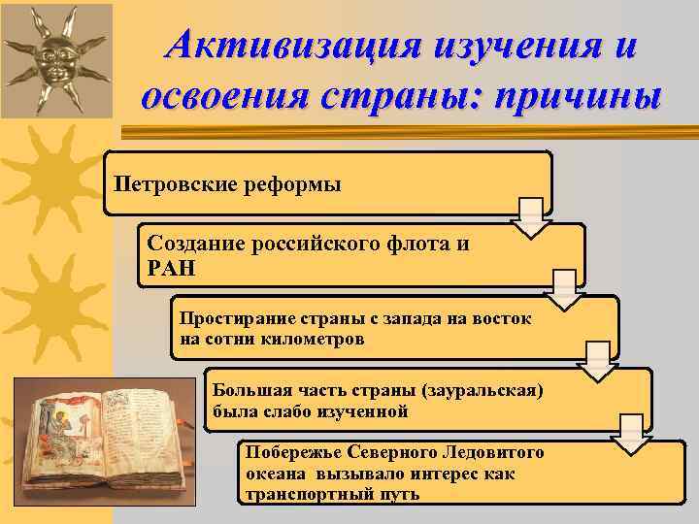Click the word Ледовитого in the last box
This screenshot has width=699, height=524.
pyautogui.click(x=494, y=452)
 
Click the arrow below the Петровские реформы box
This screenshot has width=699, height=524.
pyautogui.click(x=532, y=217)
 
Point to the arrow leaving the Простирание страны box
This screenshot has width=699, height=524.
pyautogui.click(x=598, y=361)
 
